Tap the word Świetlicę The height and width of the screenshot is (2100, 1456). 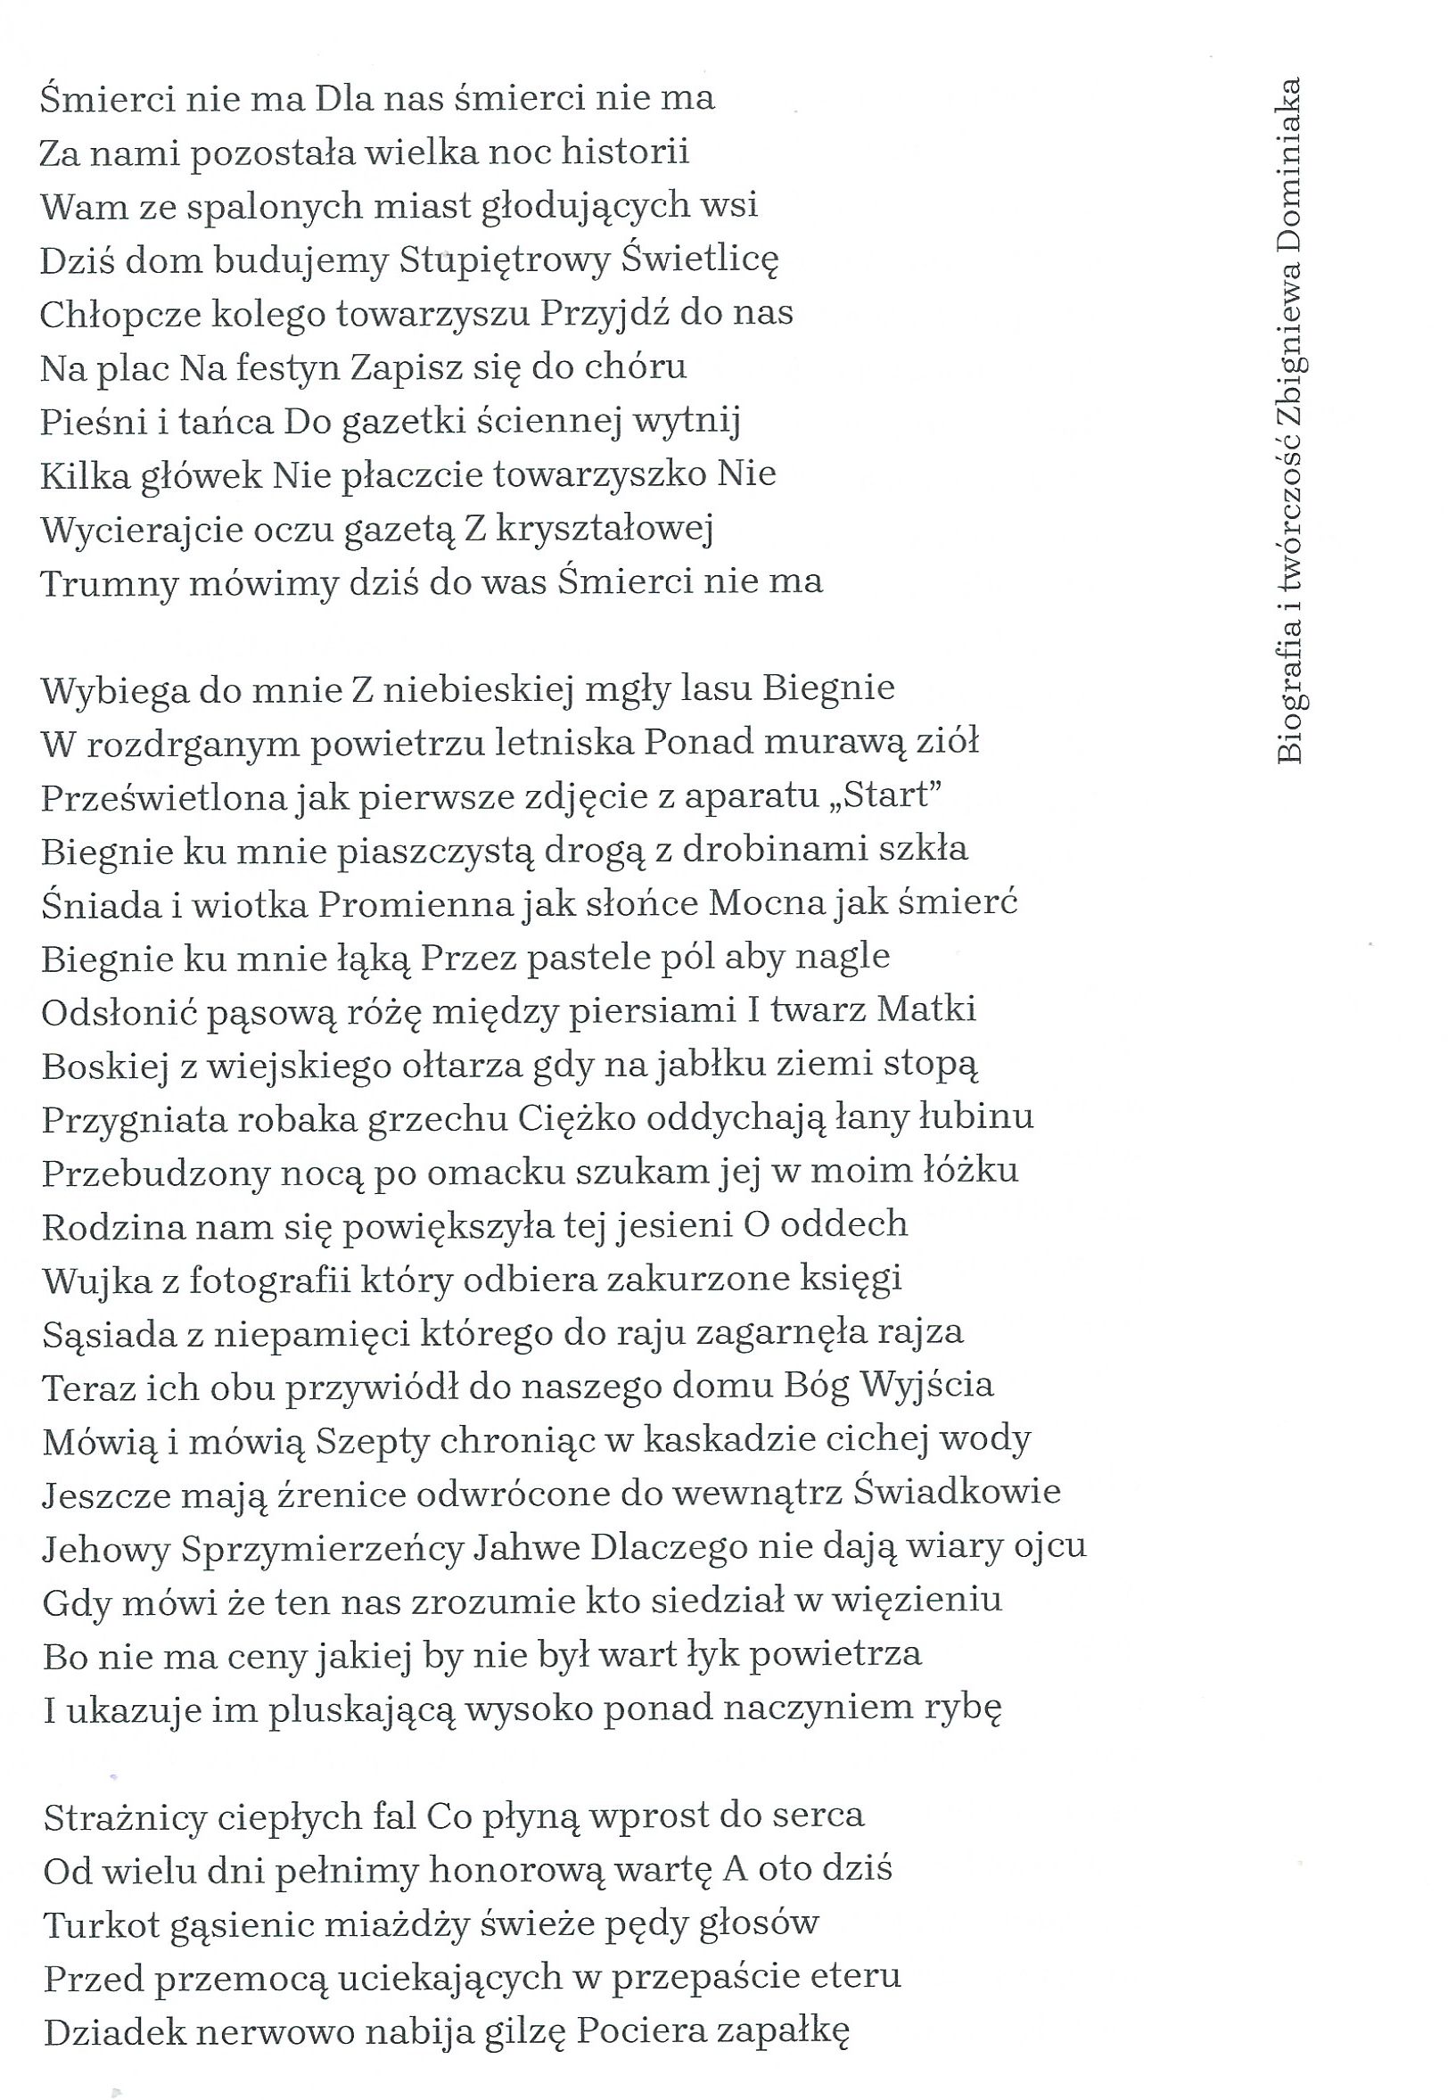pyautogui.click(x=701, y=260)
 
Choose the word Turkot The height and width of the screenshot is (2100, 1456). pyautogui.click(x=101, y=1925)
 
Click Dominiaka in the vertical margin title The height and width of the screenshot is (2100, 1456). pyautogui.click(x=1289, y=168)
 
